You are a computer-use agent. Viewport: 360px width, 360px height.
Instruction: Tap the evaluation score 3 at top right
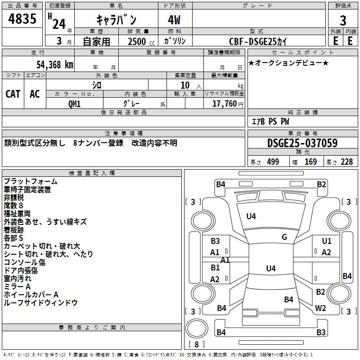click(x=343, y=21)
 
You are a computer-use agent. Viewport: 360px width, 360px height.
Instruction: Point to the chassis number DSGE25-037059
click(x=302, y=143)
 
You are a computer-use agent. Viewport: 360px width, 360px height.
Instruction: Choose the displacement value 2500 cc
click(x=138, y=41)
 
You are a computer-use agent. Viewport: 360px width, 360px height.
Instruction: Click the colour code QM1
click(x=75, y=103)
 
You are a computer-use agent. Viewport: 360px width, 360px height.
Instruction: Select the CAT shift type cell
click(x=13, y=94)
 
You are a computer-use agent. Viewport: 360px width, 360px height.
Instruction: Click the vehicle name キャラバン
click(x=116, y=20)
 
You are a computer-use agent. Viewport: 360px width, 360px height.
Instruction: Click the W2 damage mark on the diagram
click(x=320, y=308)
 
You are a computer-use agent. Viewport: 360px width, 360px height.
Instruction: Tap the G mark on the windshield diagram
click(x=284, y=237)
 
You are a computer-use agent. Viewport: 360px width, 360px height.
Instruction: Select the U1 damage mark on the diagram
click(x=327, y=242)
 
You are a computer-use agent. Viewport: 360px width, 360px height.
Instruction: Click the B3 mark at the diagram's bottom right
click(x=321, y=333)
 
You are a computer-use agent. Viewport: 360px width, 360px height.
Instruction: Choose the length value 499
click(x=273, y=162)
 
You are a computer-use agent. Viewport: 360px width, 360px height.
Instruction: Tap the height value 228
click(x=347, y=162)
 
